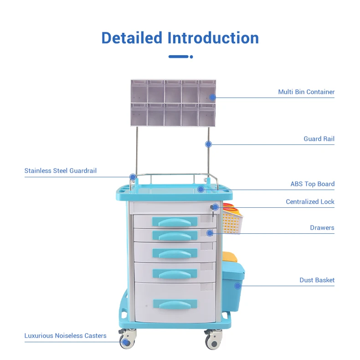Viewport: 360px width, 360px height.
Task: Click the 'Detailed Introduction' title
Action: (180, 37)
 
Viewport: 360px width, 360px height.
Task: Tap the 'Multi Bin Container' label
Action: (306, 92)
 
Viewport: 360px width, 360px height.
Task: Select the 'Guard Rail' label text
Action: (319, 139)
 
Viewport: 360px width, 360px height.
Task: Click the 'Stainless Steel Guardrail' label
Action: (61, 171)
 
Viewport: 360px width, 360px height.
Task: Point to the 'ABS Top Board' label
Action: (313, 184)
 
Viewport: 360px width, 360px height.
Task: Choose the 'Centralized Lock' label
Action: (310, 201)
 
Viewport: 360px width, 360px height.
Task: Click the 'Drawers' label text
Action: (322, 227)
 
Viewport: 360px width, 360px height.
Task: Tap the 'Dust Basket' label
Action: (317, 280)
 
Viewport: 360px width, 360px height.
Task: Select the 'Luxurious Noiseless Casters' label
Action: (65, 336)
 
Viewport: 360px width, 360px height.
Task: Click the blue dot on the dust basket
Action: (237, 286)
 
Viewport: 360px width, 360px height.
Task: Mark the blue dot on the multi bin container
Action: (212, 97)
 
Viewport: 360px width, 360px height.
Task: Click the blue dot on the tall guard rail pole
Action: (208, 144)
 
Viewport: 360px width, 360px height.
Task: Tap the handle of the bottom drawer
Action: (175, 304)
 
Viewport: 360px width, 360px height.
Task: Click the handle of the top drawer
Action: (175, 221)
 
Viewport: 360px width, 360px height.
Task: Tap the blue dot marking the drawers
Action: (210, 233)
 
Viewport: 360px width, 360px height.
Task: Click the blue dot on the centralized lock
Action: (215, 207)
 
